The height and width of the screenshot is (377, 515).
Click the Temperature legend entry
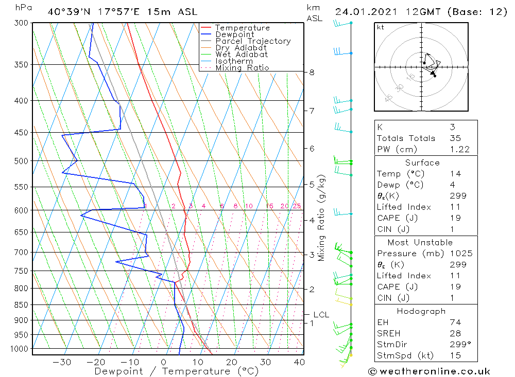coord(242,28)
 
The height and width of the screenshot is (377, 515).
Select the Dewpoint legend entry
coord(235,34)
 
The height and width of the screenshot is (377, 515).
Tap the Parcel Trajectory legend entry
coord(253,41)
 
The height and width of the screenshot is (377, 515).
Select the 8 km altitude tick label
coord(312,73)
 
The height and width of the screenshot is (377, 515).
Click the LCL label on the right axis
coord(321,314)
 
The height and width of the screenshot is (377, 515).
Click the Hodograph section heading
coord(422,311)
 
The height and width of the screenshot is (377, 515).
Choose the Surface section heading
coord(422,163)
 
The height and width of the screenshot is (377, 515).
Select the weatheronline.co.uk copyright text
coord(429,371)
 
